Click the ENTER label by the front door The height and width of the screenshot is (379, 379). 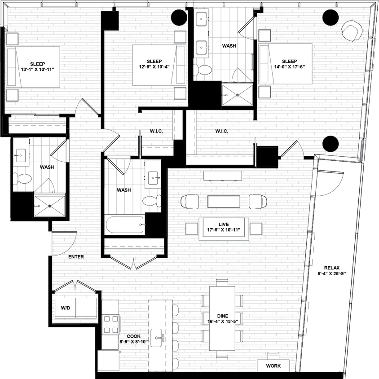pyautogui.click(x=76, y=257)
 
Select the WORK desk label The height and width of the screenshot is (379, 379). pyautogui.click(x=273, y=366)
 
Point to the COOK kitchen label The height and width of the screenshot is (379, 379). pyautogui.click(x=134, y=335)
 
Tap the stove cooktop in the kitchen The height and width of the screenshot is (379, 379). pyautogui.click(x=110, y=325)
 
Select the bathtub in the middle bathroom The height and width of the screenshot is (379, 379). pyautogui.click(x=125, y=225)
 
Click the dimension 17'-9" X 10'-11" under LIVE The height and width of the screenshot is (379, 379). pyautogui.click(x=224, y=230)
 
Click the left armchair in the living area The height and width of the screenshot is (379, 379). pyautogui.click(x=190, y=201)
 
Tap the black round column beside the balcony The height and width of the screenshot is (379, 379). pyautogui.click(x=330, y=144)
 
